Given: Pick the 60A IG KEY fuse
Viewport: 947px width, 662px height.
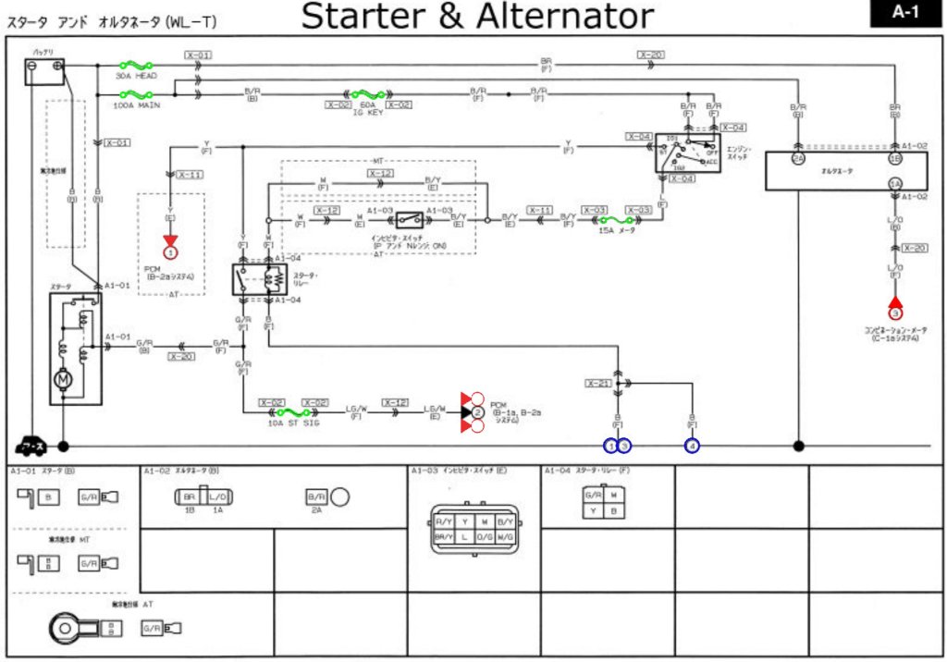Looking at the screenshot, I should [x=367, y=94].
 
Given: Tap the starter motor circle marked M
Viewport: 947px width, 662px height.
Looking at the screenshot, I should [x=64, y=379].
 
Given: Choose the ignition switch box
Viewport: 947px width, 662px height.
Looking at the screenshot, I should [x=687, y=154].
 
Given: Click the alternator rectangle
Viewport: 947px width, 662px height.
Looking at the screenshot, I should [x=845, y=170].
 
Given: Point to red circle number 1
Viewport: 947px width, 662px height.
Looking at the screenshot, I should [x=170, y=252].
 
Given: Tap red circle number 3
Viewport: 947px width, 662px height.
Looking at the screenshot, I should [x=895, y=313].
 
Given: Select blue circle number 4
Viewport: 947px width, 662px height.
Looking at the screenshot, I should [x=692, y=446].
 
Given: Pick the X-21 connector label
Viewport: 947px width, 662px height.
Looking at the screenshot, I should [x=598, y=383].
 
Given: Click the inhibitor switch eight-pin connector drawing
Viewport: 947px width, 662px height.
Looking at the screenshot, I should [x=474, y=529].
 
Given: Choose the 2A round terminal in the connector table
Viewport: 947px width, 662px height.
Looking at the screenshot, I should [x=338, y=498].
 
